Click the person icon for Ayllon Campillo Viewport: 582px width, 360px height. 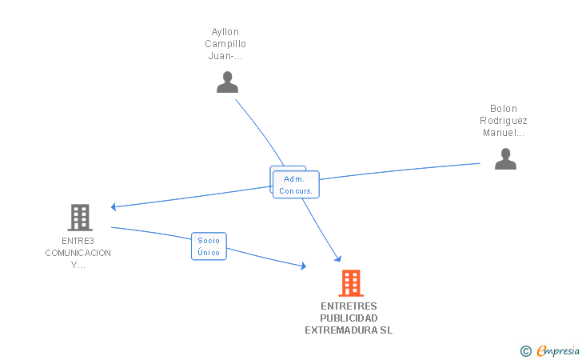point(228,82)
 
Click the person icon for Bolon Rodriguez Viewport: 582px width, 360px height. point(505,159)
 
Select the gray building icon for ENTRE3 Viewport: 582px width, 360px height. point(79,217)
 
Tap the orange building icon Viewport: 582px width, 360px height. point(350,283)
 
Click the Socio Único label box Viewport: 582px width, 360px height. point(209,246)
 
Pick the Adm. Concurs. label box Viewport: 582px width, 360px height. point(296,185)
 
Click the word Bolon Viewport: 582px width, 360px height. point(504,109)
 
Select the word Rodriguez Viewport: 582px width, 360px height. point(504,121)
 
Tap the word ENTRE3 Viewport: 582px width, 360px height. point(78,241)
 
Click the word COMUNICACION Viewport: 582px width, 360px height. point(78,253)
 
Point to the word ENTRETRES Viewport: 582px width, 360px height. point(349,306)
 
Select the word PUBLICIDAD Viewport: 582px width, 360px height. point(349,318)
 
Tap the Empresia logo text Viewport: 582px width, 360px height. point(558,350)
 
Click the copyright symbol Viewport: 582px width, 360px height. point(525,350)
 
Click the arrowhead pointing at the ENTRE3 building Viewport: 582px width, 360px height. point(114,206)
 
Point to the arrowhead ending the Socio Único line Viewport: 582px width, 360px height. point(303,266)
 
